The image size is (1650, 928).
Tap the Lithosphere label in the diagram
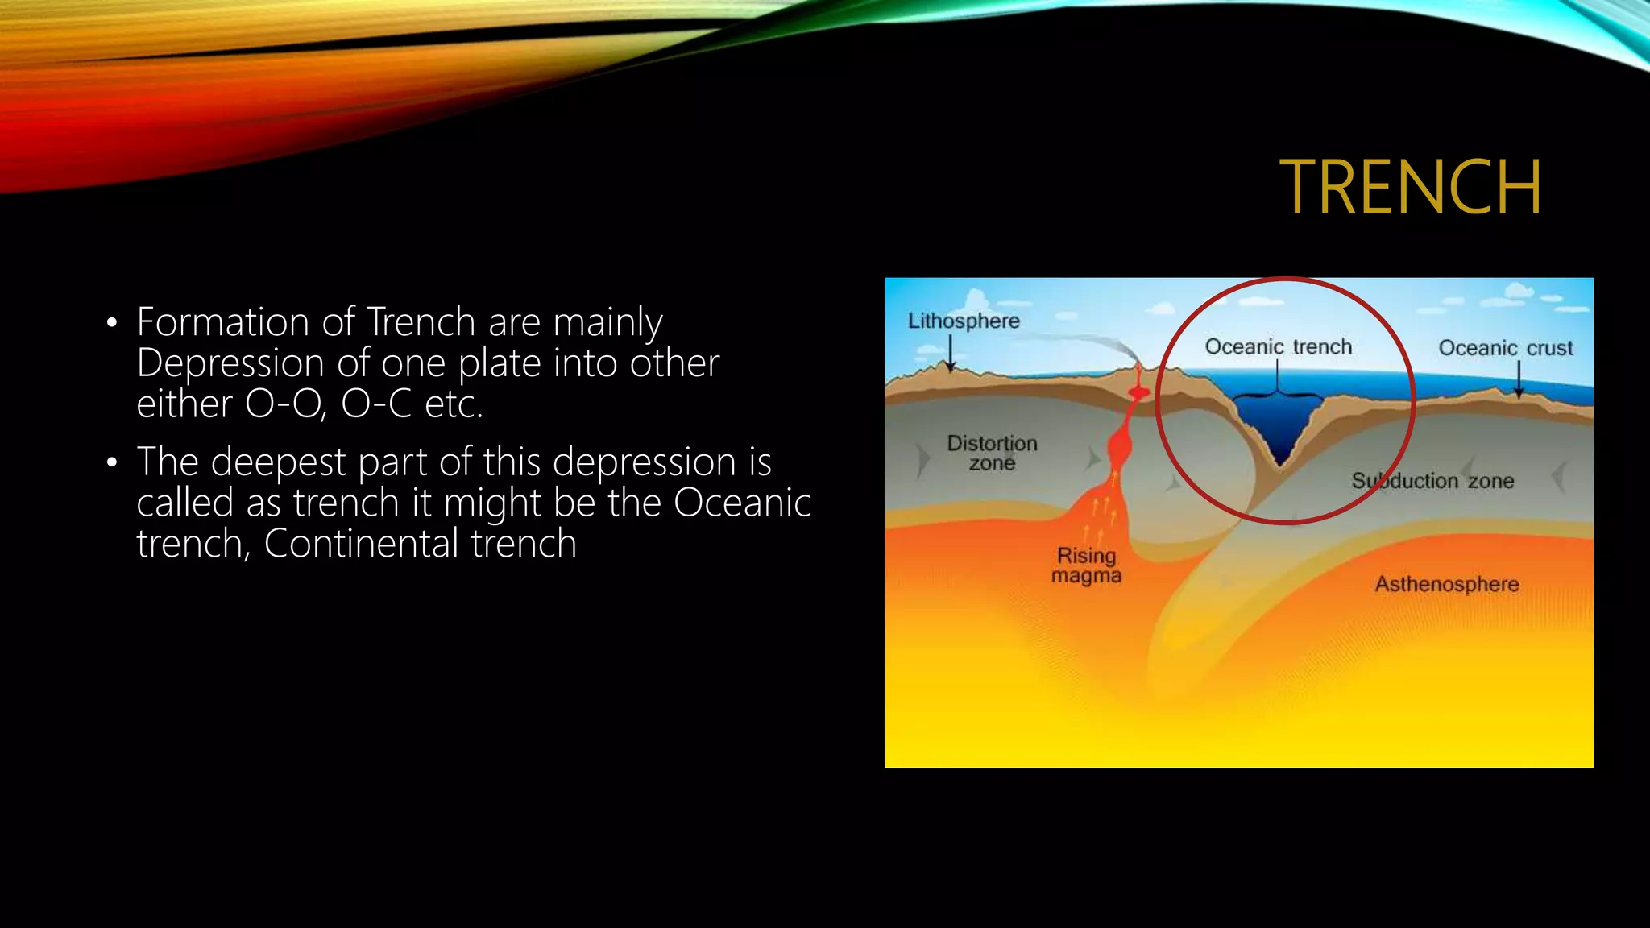pyautogui.click(x=964, y=321)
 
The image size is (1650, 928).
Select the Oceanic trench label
pyautogui.click(x=1278, y=346)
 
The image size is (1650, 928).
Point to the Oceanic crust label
pyautogui.click(x=1505, y=348)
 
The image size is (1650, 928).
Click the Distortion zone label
pyautogui.click(x=992, y=453)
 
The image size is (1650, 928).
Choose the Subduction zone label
pyautogui.click(x=1432, y=481)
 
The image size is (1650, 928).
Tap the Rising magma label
pyautogui.click(x=1086, y=565)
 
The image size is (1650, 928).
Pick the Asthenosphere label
pyautogui.click(x=1446, y=584)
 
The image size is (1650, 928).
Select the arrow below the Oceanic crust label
pyautogui.click(x=1519, y=379)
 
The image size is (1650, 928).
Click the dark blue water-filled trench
pyautogui.click(x=1278, y=427)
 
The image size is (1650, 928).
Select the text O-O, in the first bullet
pyautogui.click(x=286, y=404)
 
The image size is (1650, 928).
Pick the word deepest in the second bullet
pyautogui.click(x=278, y=462)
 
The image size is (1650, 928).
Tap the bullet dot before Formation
pyautogui.click(x=112, y=324)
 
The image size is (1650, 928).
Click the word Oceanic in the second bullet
pyautogui.click(x=741, y=503)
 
